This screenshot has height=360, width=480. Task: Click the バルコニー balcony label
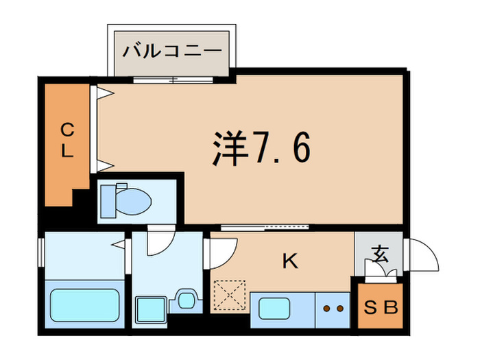(x=172, y=51)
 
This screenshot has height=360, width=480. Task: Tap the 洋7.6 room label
(x=261, y=149)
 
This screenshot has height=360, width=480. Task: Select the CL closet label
(x=67, y=141)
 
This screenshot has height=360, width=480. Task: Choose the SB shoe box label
(x=380, y=308)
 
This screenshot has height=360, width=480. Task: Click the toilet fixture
(x=127, y=201)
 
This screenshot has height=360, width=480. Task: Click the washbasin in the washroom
(x=185, y=299)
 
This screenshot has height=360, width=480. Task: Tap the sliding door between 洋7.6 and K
(x=265, y=226)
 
